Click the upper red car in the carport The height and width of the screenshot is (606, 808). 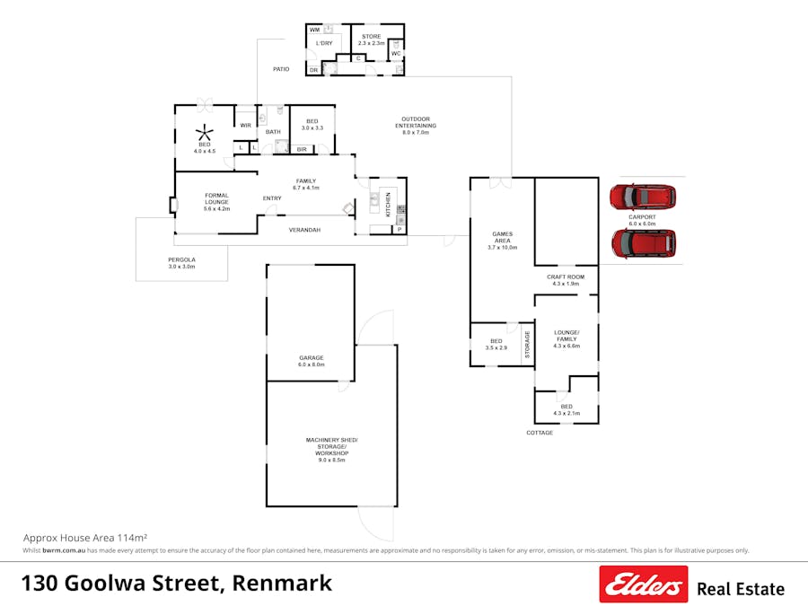pyautogui.click(x=641, y=197)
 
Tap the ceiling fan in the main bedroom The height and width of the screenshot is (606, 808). pyautogui.click(x=205, y=132)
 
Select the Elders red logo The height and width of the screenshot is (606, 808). pyautogui.click(x=643, y=584)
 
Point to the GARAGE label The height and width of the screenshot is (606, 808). pyautogui.click(x=311, y=358)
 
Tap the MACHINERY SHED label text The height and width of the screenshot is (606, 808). pyautogui.click(x=331, y=439)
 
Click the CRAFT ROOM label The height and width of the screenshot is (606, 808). pyautogui.click(x=566, y=277)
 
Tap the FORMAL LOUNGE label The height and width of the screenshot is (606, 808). pyautogui.click(x=216, y=195)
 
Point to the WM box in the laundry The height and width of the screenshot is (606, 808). pyautogui.click(x=315, y=30)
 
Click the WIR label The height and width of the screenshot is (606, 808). pyautogui.click(x=245, y=126)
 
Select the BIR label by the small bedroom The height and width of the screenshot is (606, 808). pyautogui.click(x=302, y=149)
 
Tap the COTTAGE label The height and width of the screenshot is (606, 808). pyautogui.click(x=540, y=433)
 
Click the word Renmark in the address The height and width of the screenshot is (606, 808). pyautogui.click(x=282, y=584)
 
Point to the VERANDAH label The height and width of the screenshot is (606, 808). pyautogui.click(x=304, y=230)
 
